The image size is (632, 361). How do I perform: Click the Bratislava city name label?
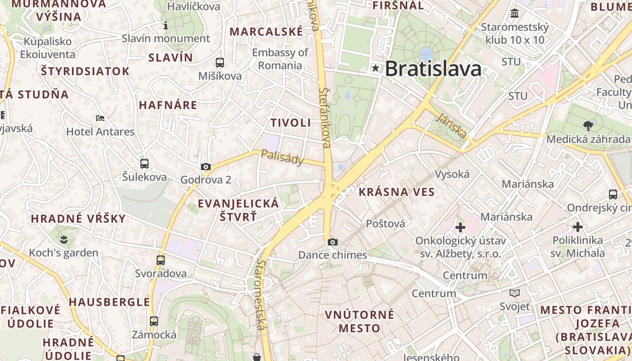(x=432, y=69)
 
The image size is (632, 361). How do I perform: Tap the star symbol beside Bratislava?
(x=376, y=69)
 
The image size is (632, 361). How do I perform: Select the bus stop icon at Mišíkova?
(x=220, y=63)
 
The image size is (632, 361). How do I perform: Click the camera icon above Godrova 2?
(x=206, y=167)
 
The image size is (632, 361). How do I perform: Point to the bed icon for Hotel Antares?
(x=100, y=118)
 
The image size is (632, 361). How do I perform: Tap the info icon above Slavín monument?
(x=166, y=26)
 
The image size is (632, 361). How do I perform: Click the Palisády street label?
(x=283, y=157)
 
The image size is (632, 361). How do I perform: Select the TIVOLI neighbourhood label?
(x=291, y=123)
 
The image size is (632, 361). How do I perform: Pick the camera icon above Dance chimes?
(x=333, y=242)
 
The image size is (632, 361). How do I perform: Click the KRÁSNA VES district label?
(x=396, y=192)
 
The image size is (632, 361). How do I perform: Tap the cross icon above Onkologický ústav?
(x=460, y=227)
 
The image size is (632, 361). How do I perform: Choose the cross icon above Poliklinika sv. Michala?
(x=577, y=227)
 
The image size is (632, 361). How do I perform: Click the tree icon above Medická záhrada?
(x=588, y=125)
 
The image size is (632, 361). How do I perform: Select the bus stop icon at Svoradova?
(x=161, y=260)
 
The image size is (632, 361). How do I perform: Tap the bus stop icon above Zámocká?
(x=154, y=321)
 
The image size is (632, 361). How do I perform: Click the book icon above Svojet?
(x=515, y=293)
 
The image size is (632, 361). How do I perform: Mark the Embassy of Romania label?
(x=280, y=59)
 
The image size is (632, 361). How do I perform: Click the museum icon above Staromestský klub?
(x=515, y=14)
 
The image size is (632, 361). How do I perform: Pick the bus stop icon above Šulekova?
(x=144, y=164)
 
